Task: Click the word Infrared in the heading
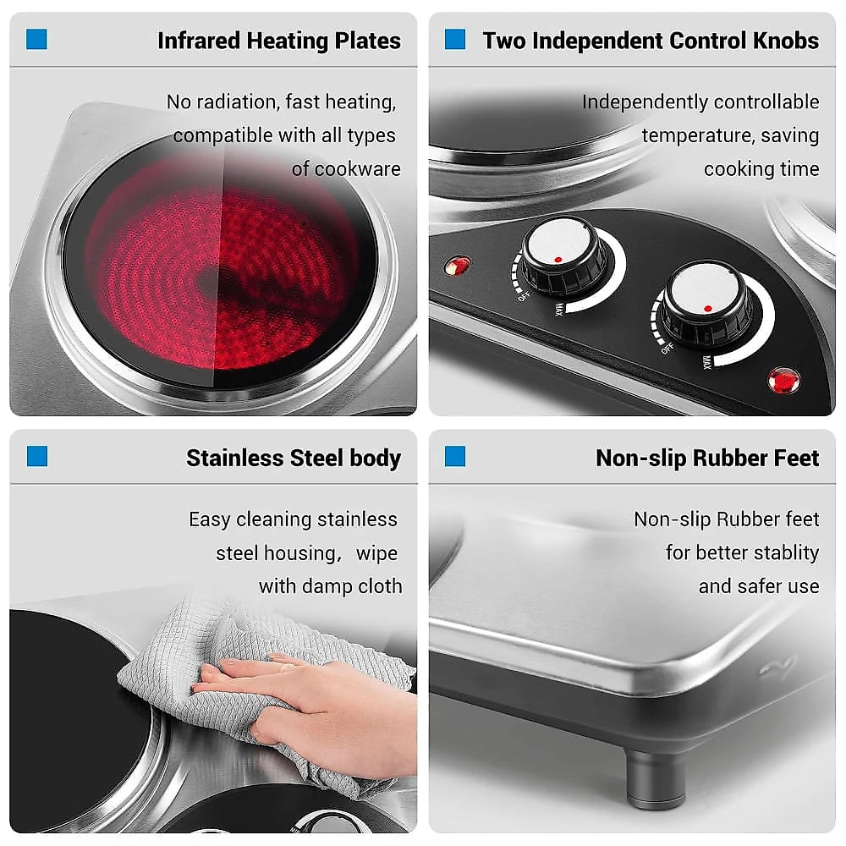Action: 199,41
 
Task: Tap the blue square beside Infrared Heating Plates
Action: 36,39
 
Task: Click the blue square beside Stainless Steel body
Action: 37,456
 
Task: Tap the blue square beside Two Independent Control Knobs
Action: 455,39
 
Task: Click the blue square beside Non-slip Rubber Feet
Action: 455,456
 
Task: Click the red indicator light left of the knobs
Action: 458,266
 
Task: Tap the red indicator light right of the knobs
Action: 784,381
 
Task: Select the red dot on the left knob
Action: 558,260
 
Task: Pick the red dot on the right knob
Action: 708,309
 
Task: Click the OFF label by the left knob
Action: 524,296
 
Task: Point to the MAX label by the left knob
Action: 559,310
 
